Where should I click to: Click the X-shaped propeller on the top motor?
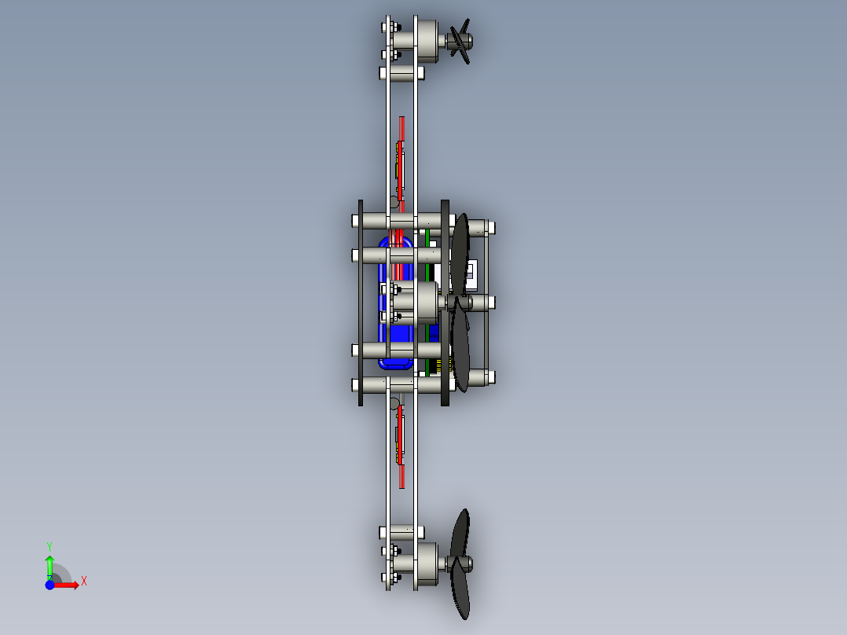click(x=460, y=41)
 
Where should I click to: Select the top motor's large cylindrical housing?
click(x=427, y=41)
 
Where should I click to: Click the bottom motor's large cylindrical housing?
click(x=427, y=564)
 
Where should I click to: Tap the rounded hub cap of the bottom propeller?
click(x=467, y=564)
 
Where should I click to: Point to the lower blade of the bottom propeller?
click(x=460, y=589)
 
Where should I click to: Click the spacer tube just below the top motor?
click(x=402, y=73)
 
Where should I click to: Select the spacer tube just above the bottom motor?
click(x=402, y=532)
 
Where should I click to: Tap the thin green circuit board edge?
click(x=427, y=303)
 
